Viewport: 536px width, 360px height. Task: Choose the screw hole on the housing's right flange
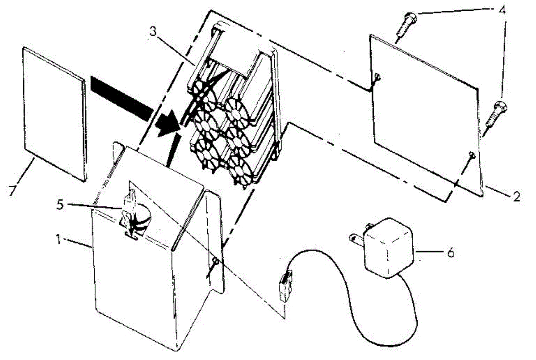click(x=215, y=261)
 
